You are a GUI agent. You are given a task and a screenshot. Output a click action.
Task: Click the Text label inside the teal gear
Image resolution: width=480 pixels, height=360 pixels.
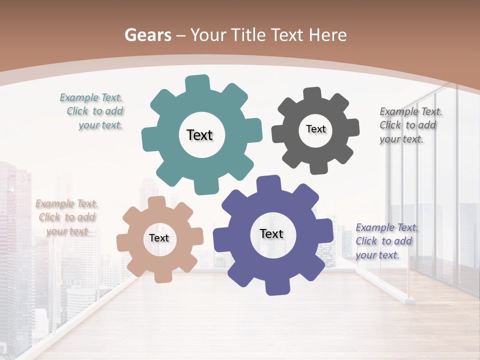point(199,135)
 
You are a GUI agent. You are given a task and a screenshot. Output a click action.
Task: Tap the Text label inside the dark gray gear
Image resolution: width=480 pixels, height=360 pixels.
point(315,129)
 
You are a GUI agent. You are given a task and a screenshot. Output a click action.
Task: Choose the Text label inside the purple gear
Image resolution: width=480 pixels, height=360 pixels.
point(271,233)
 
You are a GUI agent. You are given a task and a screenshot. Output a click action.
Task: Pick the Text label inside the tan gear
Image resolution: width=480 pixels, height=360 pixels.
point(159,238)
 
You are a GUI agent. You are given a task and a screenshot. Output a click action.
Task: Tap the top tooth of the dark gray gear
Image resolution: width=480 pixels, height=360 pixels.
point(312,94)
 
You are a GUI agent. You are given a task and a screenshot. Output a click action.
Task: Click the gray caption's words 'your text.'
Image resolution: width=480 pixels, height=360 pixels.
point(401,139)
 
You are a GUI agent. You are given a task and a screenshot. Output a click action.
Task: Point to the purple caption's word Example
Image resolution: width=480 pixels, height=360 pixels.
point(375,227)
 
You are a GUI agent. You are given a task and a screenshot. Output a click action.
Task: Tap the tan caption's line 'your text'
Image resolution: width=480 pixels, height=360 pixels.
point(67,231)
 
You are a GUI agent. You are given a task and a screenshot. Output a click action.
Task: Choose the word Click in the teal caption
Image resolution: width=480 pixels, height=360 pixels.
point(77,111)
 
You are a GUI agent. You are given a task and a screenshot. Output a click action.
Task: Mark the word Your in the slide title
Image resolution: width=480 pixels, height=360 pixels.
point(209,35)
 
